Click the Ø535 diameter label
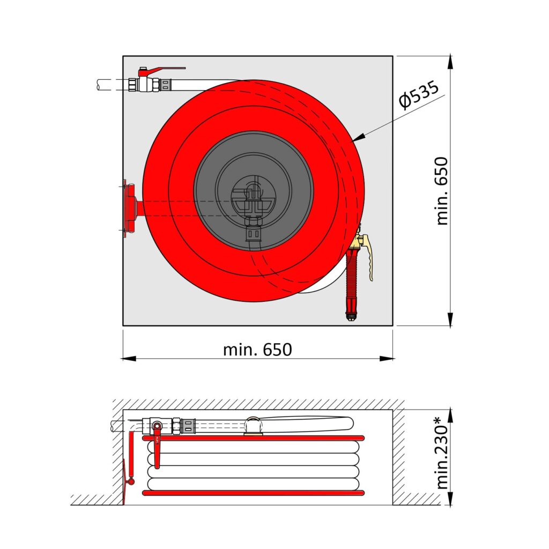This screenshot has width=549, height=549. (419, 94)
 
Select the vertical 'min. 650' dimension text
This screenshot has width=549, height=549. (442, 191)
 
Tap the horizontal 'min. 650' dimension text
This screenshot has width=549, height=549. (257, 350)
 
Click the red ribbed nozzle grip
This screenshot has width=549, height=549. (352, 280)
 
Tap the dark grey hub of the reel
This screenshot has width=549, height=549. (254, 191)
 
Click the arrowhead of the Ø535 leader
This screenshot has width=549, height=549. (358, 138)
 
